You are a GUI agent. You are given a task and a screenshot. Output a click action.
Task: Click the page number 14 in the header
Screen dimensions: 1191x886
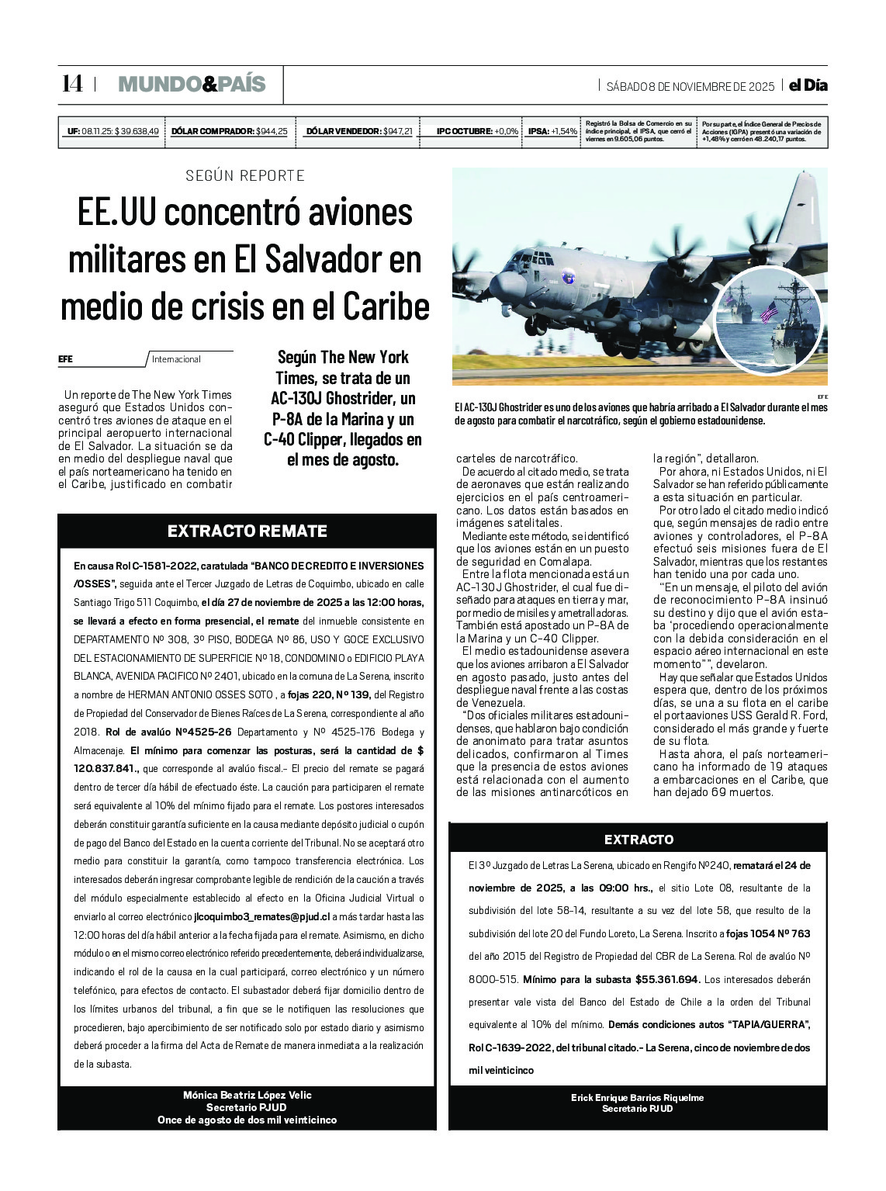click(72, 84)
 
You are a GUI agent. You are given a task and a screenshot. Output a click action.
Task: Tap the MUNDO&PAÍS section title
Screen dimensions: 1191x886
click(192, 85)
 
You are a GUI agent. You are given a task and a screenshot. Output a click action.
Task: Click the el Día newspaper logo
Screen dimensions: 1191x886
click(808, 86)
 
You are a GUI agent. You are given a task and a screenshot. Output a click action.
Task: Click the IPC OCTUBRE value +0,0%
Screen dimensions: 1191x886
click(506, 132)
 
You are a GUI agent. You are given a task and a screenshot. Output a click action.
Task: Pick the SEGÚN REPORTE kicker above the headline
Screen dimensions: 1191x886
click(245, 176)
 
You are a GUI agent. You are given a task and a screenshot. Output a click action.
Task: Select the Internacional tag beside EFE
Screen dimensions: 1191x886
click(176, 359)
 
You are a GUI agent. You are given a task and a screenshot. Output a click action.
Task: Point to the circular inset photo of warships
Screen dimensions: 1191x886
click(767, 318)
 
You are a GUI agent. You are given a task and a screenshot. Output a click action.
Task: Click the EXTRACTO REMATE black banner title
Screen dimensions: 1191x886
click(247, 531)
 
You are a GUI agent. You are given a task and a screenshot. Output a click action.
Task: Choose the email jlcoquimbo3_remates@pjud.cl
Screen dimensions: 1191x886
click(261, 917)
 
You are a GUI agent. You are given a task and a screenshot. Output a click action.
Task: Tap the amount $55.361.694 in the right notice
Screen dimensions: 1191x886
click(667, 980)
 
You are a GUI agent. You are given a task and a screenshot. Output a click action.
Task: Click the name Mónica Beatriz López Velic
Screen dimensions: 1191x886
click(247, 1096)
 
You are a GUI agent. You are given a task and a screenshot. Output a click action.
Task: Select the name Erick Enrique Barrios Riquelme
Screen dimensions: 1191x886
click(638, 1098)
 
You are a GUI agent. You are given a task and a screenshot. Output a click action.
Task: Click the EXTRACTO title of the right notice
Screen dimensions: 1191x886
click(639, 840)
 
